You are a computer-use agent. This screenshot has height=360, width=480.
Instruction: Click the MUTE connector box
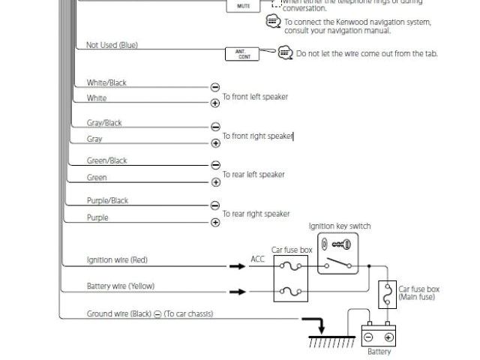pos(243,6)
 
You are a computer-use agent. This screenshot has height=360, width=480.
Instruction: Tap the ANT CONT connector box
pos(243,53)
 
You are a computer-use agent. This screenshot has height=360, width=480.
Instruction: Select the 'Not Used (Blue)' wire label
pos(112,45)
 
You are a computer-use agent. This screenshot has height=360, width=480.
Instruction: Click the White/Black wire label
pos(106,82)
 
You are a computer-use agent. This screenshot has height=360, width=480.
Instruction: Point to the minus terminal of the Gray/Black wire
pos(215,127)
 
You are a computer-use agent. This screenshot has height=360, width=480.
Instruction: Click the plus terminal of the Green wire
pos(215,182)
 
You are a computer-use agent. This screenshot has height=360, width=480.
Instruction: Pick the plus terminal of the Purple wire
pos(215,222)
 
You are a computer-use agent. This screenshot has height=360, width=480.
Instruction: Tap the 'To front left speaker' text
pos(255,97)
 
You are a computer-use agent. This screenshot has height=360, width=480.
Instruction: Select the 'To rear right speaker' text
pos(256,214)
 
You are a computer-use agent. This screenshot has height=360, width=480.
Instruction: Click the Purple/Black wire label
pos(107,200)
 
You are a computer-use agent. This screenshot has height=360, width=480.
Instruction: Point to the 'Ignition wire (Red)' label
pos(117,260)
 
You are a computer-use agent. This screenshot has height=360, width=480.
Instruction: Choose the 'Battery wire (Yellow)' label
pos(120,286)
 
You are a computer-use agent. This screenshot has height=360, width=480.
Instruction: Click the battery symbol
pos(379,334)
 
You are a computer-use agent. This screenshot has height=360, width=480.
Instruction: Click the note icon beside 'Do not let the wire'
pos(285,52)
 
